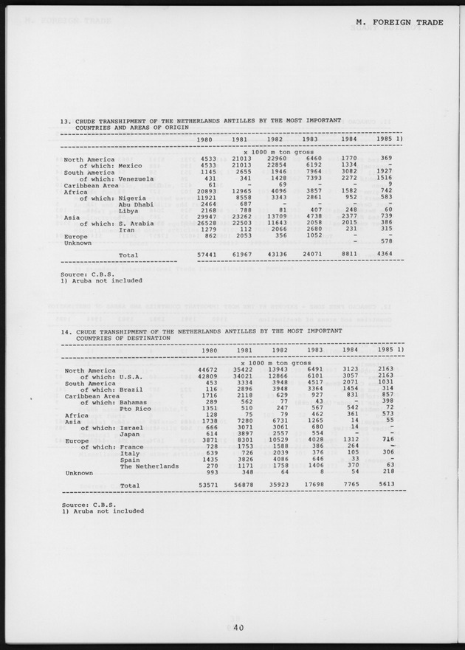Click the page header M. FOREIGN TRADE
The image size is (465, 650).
click(399, 22)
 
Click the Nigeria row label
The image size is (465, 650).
click(133, 198)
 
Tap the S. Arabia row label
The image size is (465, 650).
click(137, 224)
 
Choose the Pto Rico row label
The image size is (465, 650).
click(136, 408)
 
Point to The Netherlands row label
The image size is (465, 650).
click(149, 466)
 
